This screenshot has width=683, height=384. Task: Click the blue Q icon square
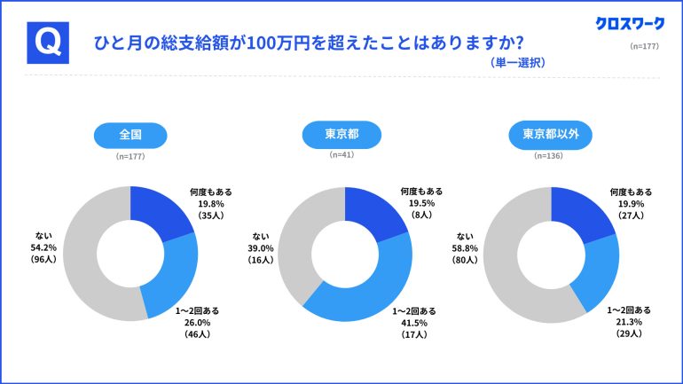tap(49, 42)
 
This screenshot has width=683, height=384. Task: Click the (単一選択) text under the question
tap(517, 63)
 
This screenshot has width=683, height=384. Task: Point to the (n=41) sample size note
tap(341, 155)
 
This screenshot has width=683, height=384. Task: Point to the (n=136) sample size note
tap(551, 156)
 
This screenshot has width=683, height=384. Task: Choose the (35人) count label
tap(211, 216)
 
